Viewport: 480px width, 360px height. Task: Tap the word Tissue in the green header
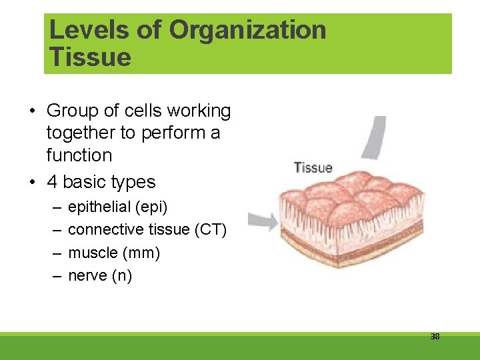click(90, 57)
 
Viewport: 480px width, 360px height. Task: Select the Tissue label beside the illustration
click(313, 167)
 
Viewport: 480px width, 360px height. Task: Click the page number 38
click(435, 337)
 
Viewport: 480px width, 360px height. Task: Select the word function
click(79, 155)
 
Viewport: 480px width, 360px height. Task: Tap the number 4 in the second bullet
click(52, 182)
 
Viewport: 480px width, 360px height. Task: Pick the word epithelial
click(99, 207)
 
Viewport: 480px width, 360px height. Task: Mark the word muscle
click(93, 253)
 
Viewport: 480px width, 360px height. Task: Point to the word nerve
click(87, 276)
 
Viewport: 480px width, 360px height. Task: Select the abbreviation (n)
click(121, 276)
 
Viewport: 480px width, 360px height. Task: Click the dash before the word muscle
click(54, 253)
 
